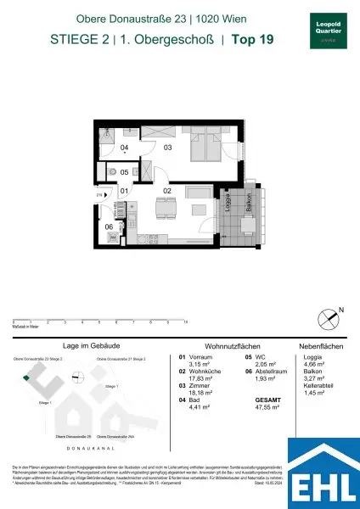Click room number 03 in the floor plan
click(x=168, y=148)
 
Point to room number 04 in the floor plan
click(x=124, y=148)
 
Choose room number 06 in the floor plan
click(x=110, y=227)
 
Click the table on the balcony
click(x=248, y=226)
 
